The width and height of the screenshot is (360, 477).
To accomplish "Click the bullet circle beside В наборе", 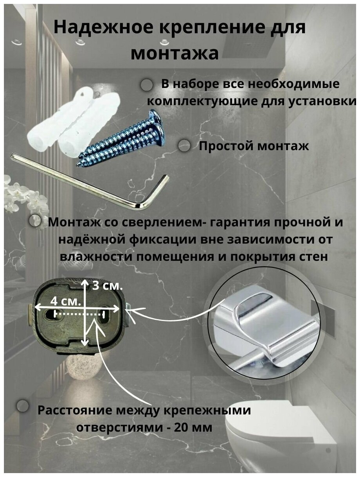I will [x=146, y=85].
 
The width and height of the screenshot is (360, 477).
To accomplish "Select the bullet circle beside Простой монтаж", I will [x=184, y=146].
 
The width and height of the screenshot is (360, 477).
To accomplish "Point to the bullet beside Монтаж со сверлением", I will [x=35, y=221].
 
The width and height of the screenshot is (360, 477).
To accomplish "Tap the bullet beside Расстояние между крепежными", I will [x=23, y=405].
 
